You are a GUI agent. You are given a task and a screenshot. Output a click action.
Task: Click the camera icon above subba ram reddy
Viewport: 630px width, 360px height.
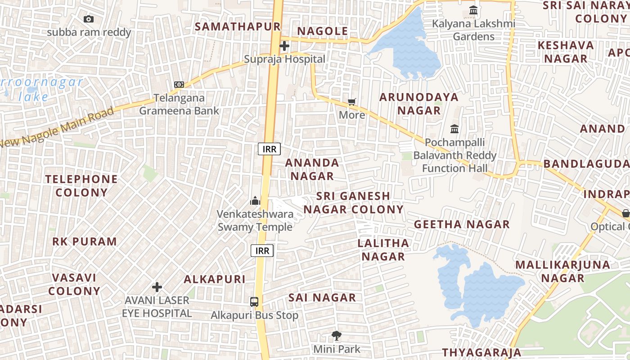click(89, 19)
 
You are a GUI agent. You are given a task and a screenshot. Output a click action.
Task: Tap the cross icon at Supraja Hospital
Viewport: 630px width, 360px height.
click(284, 45)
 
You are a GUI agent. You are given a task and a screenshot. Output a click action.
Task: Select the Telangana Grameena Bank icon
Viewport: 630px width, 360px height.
click(179, 85)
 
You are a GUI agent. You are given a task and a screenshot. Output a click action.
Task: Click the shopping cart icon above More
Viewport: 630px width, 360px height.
click(352, 102)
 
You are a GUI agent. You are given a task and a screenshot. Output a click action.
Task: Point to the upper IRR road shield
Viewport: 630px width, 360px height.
click(269, 149)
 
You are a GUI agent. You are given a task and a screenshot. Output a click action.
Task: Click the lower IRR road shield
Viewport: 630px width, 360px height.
click(262, 251)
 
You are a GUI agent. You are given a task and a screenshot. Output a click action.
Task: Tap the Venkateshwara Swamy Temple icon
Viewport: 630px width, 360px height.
click(255, 201)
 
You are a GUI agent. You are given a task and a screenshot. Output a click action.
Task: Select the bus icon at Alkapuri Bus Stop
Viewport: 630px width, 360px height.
click(254, 302)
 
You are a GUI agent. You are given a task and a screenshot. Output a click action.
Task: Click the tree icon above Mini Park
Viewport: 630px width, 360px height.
click(336, 335)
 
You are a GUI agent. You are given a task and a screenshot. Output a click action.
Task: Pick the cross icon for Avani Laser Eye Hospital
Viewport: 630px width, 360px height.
click(157, 287)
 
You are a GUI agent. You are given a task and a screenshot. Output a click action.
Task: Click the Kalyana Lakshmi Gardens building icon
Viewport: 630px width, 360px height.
click(473, 10)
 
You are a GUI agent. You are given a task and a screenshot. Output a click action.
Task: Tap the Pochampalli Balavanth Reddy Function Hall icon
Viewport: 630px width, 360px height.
click(454, 129)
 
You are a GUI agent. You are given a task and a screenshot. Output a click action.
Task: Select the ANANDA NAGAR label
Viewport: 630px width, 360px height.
click(312, 169)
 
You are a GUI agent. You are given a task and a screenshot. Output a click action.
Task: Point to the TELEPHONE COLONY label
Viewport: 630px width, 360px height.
click(81, 186)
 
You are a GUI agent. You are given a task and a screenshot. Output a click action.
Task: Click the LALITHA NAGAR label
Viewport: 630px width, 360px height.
click(383, 250)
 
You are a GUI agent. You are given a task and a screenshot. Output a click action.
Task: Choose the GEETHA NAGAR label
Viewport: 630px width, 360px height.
click(462, 224)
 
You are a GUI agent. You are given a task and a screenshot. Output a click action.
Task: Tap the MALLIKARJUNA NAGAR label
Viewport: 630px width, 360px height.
click(562, 271)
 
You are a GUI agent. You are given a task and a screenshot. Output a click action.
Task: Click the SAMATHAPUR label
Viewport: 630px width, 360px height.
click(238, 27)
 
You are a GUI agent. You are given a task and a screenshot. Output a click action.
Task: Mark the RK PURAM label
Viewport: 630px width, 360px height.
click(85, 242)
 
